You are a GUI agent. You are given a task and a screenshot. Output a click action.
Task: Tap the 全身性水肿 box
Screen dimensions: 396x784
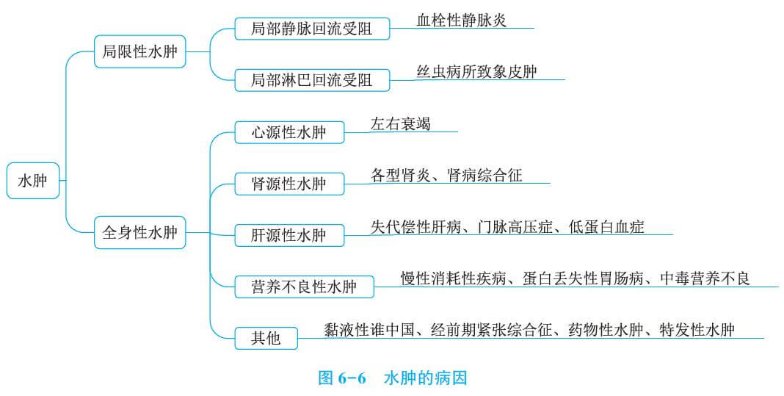coord(139,234)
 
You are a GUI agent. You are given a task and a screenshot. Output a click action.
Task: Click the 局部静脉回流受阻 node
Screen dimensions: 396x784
coord(311,29)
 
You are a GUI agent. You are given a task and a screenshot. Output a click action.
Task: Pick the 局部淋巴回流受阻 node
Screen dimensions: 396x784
coord(311,80)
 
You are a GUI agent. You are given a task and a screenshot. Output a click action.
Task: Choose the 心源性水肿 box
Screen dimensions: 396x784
coord(288,133)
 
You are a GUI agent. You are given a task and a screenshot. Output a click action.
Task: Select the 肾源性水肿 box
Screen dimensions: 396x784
coord(288,184)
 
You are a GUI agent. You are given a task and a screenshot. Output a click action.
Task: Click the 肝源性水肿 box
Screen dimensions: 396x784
coord(288,235)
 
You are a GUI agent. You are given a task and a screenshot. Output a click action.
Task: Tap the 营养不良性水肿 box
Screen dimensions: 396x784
coord(303,287)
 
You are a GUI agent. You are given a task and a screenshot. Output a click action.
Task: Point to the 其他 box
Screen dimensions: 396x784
coord(266,338)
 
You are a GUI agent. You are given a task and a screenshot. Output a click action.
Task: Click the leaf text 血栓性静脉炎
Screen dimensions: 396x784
coord(462,21)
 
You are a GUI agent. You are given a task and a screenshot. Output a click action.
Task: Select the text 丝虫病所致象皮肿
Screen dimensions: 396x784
coord(477,71)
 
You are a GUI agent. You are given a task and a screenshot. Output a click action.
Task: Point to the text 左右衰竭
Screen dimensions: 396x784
coord(401,124)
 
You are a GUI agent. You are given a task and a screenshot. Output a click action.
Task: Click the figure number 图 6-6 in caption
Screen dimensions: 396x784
coord(341,378)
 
